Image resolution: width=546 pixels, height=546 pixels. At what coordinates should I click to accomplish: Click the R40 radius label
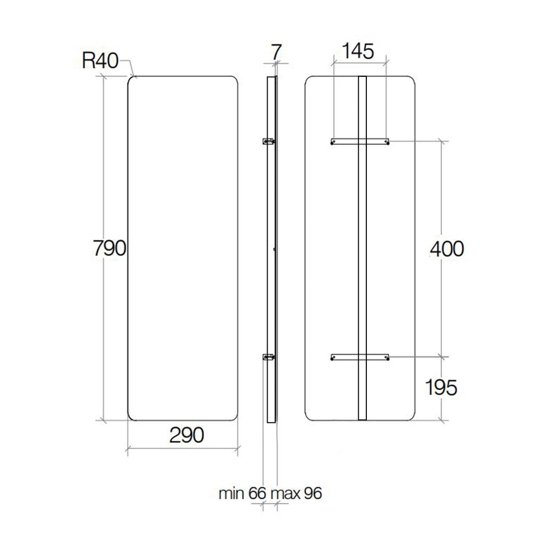click(x=100, y=61)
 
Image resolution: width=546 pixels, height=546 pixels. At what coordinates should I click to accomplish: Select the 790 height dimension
click(x=108, y=248)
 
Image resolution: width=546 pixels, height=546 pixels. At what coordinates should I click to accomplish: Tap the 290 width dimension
click(x=187, y=435)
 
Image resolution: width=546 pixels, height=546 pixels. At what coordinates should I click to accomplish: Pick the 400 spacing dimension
click(x=447, y=248)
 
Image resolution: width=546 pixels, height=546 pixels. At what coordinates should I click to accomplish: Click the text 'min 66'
click(x=242, y=493)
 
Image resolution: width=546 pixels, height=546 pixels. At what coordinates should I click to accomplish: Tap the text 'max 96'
click(x=296, y=493)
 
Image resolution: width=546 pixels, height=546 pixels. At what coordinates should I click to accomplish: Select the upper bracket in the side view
click(x=268, y=141)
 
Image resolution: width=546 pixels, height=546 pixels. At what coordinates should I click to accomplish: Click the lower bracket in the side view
click(x=268, y=358)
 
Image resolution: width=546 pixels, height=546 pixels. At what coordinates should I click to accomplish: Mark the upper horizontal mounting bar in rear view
click(x=360, y=141)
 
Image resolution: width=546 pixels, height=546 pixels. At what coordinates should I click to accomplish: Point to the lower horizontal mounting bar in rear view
click(x=360, y=357)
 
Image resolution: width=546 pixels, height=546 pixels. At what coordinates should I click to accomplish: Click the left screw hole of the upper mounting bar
click(x=333, y=142)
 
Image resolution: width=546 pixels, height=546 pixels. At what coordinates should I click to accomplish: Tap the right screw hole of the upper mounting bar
click(x=387, y=142)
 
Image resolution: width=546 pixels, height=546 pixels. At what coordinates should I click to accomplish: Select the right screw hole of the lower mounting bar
click(x=387, y=358)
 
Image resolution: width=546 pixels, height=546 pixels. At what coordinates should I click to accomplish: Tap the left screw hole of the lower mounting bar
click(x=333, y=358)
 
